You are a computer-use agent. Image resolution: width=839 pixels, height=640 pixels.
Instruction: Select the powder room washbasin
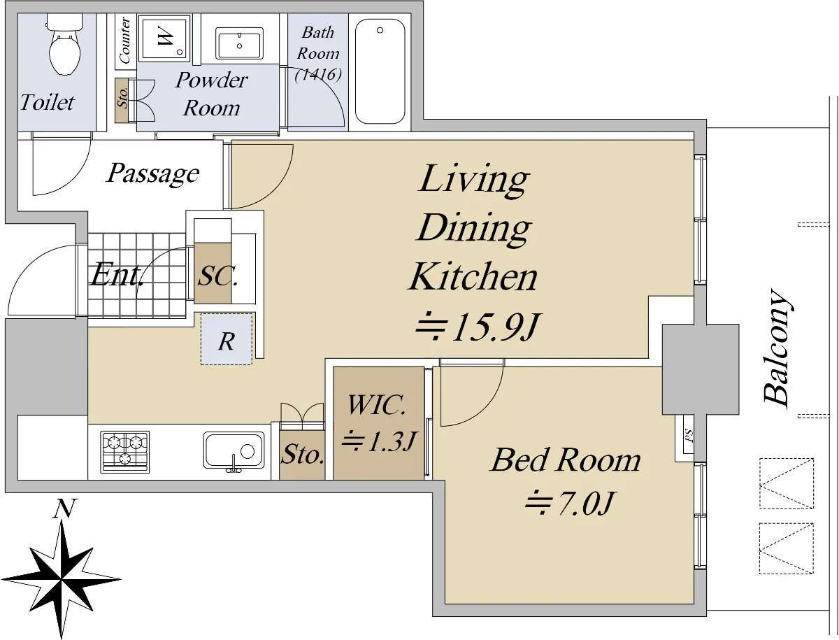[x=239, y=43]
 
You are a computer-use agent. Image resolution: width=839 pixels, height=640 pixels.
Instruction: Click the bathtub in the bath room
[x=380, y=71]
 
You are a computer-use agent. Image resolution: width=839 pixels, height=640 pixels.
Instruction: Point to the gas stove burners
[x=125, y=452]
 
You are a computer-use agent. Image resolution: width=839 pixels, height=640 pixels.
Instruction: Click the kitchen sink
[x=234, y=452]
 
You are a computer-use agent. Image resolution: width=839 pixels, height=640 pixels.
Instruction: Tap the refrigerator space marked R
[x=227, y=339]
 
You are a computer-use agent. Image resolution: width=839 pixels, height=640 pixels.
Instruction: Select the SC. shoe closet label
[x=217, y=276]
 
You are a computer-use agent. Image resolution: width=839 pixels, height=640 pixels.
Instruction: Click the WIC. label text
[x=377, y=404]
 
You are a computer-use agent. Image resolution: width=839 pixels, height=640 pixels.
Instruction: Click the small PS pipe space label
[x=689, y=435]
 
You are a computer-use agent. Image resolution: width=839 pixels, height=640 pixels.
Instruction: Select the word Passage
[x=152, y=174]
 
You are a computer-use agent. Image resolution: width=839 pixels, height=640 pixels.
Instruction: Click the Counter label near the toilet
[x=124, y=40]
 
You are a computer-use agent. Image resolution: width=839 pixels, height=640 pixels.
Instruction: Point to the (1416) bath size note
[x=318, y=75]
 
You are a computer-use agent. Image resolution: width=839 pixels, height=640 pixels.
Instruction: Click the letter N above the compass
[x=64, y=509]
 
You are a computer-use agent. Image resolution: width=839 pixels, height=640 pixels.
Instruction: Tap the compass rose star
[x=61, y=580]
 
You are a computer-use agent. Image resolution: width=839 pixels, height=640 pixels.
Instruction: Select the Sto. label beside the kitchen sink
[x=302, y=455]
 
